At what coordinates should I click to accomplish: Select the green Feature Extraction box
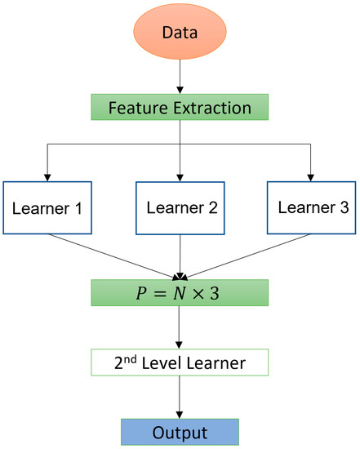tap(179, 108)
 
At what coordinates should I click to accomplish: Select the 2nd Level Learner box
tap(179, 362)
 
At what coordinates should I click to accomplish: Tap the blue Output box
tap(179, 431)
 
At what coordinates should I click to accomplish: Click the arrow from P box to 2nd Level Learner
tap(179, 327)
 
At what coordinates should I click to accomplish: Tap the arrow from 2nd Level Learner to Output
tap(179, 397)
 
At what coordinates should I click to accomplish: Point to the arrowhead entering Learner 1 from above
tap(47, 174)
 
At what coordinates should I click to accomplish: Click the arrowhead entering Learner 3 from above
tap(310, 174)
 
